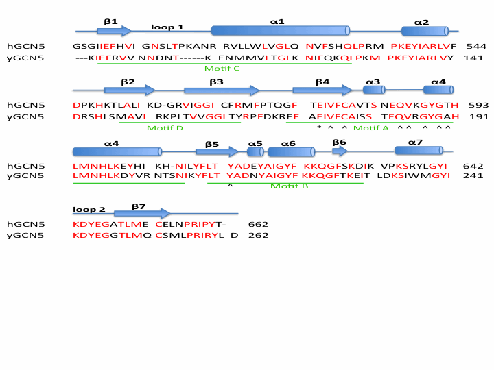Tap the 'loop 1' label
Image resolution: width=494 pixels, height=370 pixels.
[x=167, y=27]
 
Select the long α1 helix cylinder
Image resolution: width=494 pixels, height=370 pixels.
[x=280, y=30]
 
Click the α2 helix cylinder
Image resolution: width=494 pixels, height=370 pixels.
[x=425, y=31]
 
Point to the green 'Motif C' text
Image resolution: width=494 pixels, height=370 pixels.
[x=222, y=69]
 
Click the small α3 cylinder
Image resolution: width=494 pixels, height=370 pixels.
[x=374, y=90]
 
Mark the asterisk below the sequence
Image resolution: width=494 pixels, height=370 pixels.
[x=319, y=128]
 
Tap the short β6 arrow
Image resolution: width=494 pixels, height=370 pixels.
[x=340, y=151]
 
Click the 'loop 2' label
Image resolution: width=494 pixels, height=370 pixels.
[x=89, y=210]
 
